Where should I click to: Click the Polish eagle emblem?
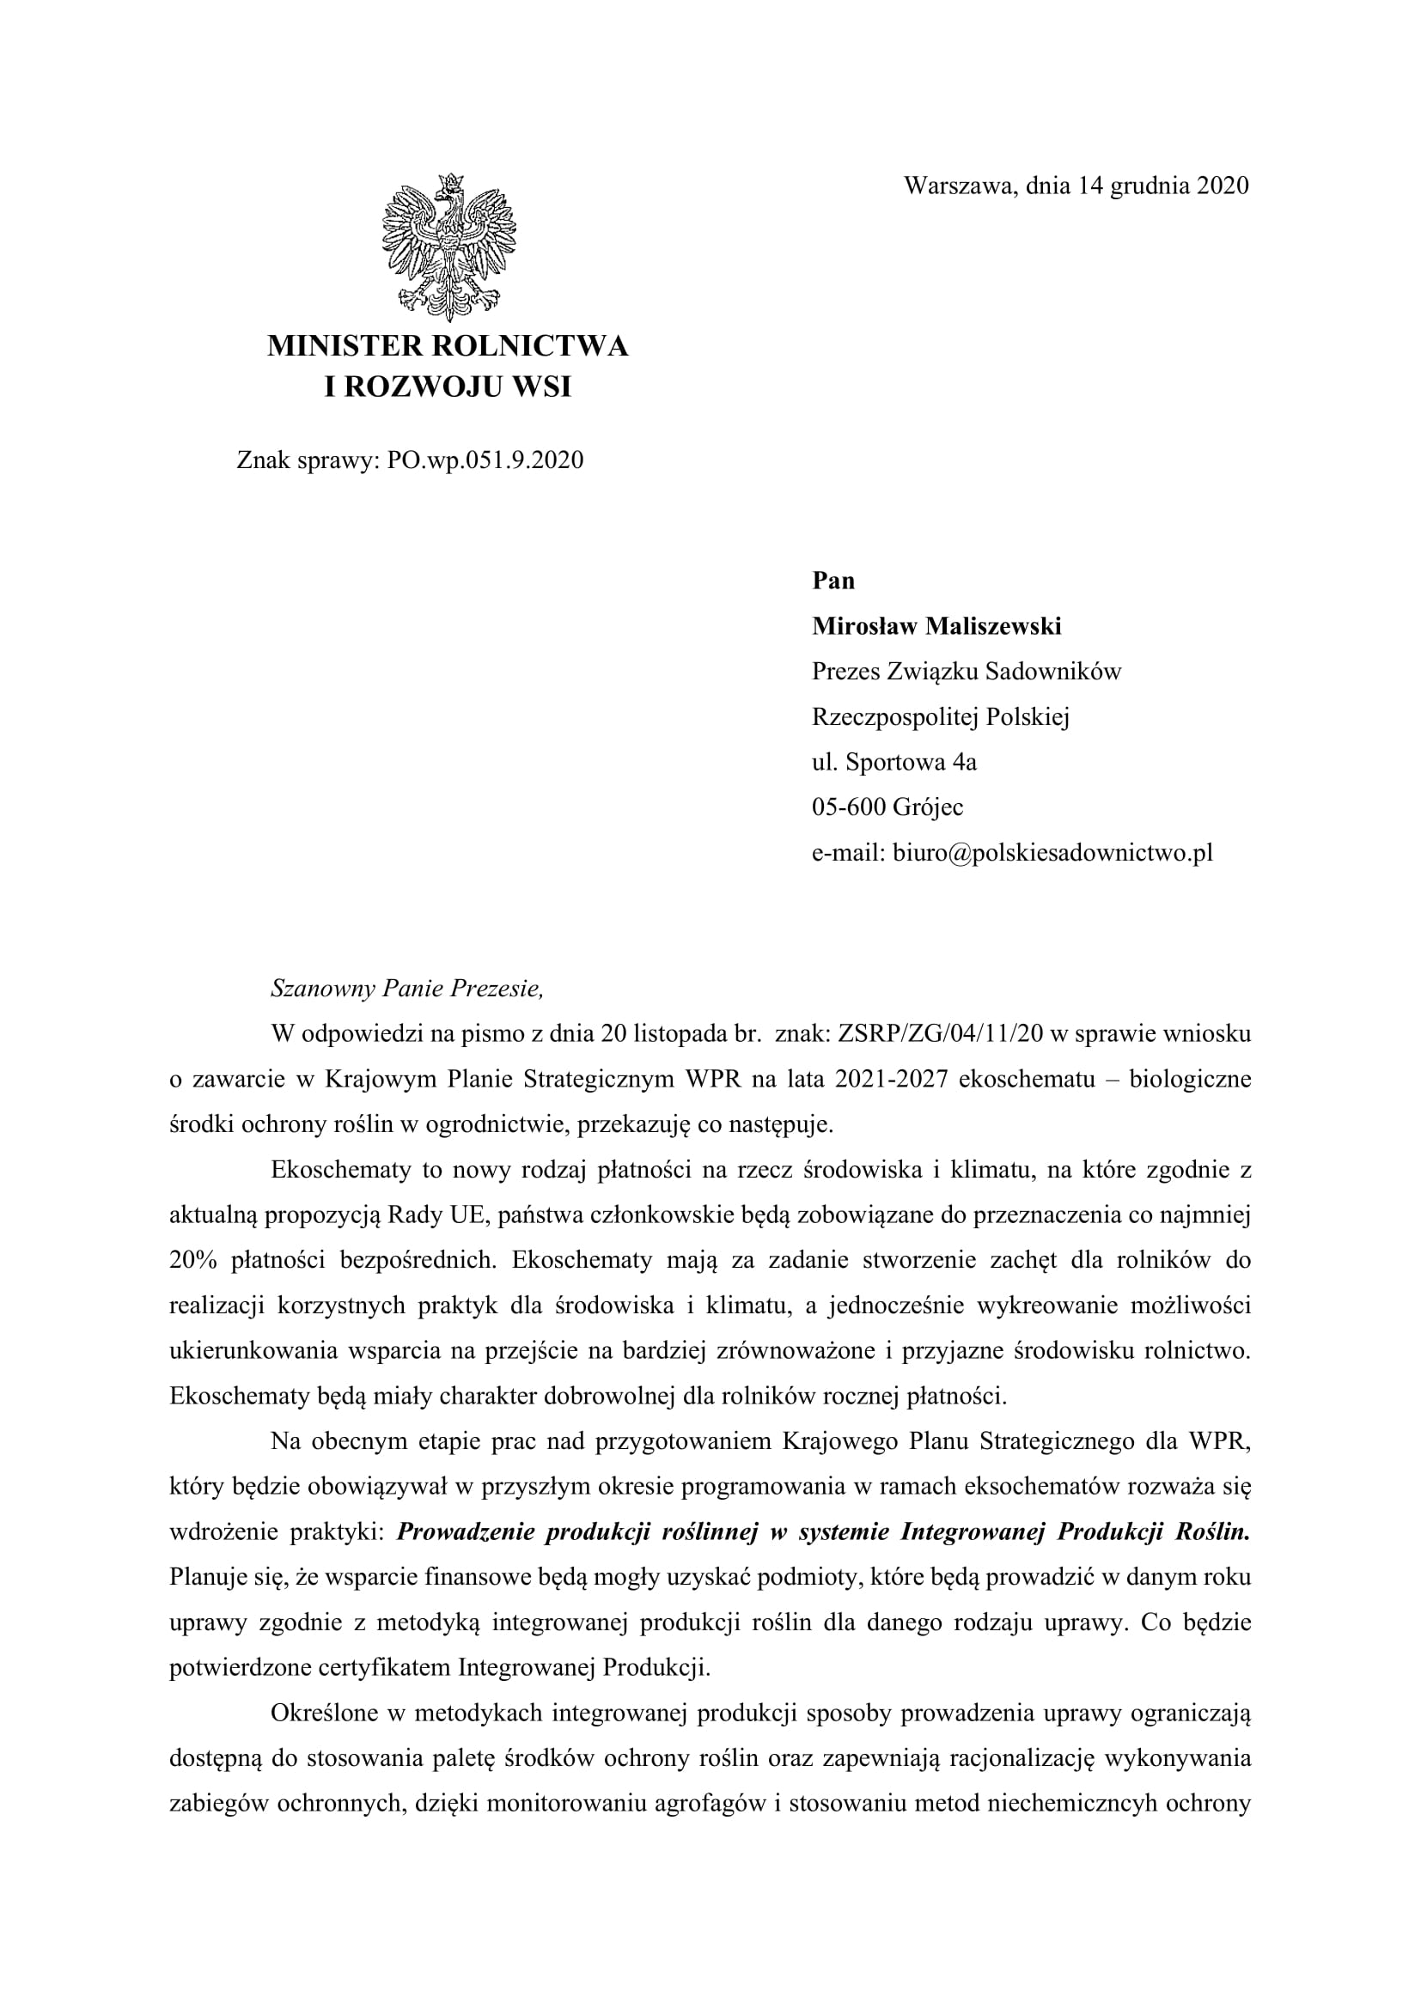[x=448, y=247]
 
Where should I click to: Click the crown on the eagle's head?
[x=453, y=184]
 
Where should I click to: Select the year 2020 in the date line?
[x=1223, y=186]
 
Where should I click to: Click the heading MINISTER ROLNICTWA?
[x=447, y=345]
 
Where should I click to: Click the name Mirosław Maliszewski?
[x=936, y=625]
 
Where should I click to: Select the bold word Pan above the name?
[x=833, y=580]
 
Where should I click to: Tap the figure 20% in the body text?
[x=192, y=1260]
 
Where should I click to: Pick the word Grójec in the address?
[x=927, y=807]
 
